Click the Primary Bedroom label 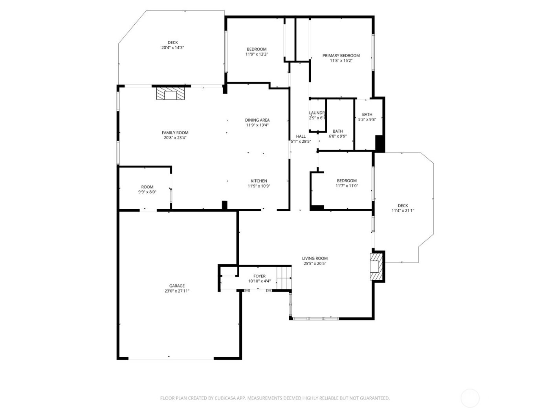pos(341,56)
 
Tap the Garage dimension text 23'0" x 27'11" pos(177,291)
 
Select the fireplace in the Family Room pos(170,94)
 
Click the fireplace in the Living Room pos(376,267)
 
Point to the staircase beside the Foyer pos(284,277)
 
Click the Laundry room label pos(317,113)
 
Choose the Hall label pos(301,137)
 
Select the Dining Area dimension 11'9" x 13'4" pos(257,125)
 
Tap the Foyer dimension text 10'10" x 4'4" pos(259,281)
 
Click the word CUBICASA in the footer pos(225,398)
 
